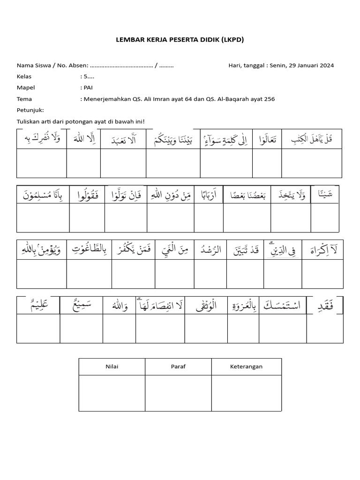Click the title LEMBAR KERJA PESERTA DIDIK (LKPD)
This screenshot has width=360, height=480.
tap(180, 40)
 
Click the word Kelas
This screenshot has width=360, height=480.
tap(24, 76)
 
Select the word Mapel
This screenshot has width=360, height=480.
tap(26, 88)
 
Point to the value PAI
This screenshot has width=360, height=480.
tap(88, 88)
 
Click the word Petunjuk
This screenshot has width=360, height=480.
tap(30, 110)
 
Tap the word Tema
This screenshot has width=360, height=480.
tap(24, 99)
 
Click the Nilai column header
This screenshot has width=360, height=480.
tap(112, 367)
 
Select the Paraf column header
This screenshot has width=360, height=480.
tap(178, 367)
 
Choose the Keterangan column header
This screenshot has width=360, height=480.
tap(247, 367)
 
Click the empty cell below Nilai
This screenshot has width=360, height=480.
tap(112, 393)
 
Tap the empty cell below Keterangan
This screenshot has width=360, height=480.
tap(247, 393)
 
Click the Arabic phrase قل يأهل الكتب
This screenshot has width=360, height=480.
tap(312, 139)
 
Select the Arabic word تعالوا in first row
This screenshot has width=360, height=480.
tap(267, 139)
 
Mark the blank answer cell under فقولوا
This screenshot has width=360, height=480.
tap(87, 218)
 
